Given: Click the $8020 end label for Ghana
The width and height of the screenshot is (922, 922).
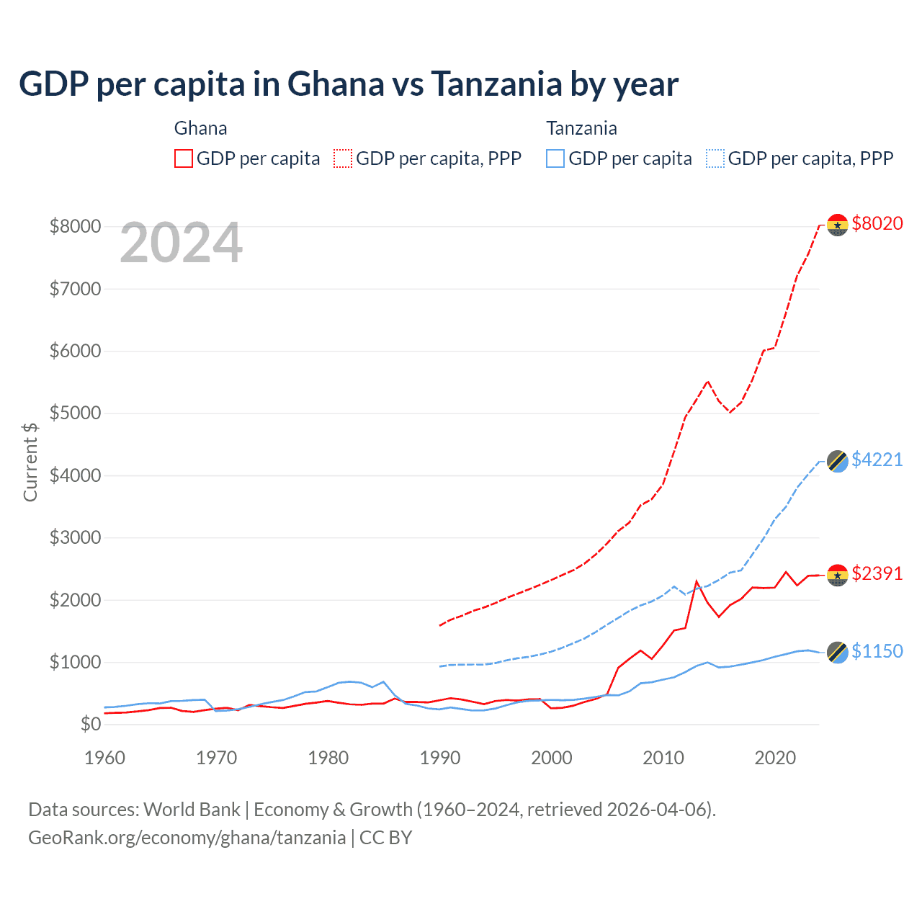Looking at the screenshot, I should [877, 224].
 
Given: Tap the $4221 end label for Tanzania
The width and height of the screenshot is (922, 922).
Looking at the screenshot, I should [877, 460].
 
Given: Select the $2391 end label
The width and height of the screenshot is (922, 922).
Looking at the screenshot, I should [877, 574].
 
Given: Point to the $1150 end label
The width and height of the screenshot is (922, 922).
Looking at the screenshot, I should [877, 652].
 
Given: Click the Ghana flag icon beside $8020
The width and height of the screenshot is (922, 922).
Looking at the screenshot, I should [837, 225].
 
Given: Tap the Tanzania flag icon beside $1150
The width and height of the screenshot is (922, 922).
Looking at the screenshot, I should [837, 653].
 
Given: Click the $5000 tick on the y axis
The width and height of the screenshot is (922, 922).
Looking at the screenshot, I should [75, 413].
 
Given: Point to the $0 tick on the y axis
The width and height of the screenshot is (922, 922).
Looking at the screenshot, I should [90, 724].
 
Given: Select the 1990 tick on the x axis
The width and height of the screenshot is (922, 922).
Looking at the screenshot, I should [440, 758].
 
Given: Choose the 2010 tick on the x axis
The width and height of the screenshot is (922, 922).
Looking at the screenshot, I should [663, 758].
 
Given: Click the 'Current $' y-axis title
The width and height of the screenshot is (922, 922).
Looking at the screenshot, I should [30, 462].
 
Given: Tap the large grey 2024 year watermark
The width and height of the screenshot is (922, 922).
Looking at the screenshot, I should [181, 243].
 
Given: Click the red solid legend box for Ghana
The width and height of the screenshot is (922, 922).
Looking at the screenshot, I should [184, 158].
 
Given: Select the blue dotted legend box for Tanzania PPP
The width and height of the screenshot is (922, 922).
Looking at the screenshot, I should [715, 158].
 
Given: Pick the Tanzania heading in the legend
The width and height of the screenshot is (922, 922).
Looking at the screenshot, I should [581, 128].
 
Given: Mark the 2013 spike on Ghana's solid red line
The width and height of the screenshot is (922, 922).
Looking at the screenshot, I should [697, 581].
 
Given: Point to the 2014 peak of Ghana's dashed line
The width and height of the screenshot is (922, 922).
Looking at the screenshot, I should [707, 381].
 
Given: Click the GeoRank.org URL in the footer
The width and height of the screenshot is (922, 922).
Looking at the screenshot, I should [187, 838].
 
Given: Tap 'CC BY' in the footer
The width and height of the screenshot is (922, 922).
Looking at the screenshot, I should [386, 838].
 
